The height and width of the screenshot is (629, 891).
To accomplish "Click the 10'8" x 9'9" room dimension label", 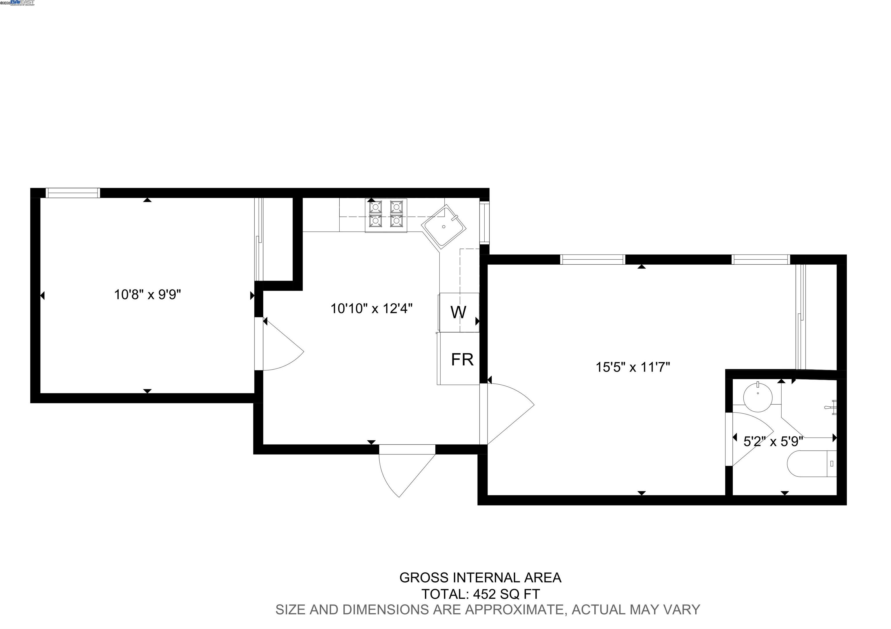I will (x=147, y=295).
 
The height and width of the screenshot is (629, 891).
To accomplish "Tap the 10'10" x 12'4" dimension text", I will (x=371, y=309).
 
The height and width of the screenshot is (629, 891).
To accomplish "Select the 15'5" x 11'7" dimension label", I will (x=633, y=367).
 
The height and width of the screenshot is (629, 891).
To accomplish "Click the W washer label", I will (x=458, y=312).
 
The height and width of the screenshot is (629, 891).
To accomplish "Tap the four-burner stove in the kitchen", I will (x=386, y=215).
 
